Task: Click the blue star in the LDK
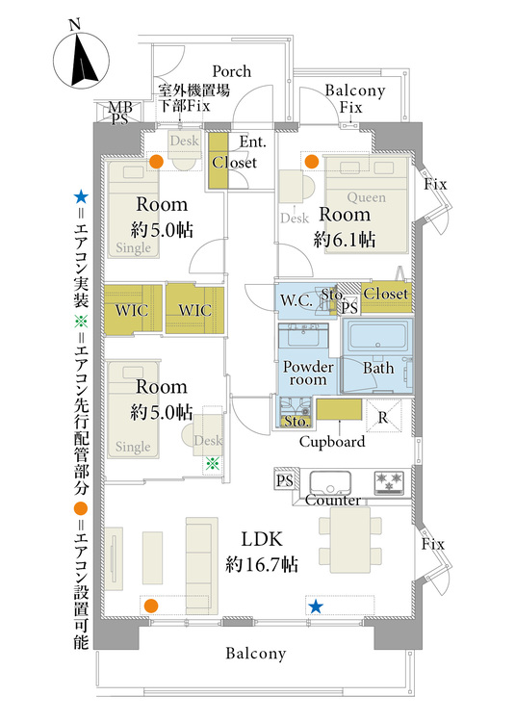pos(316,606)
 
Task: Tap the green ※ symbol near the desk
pos(212,463)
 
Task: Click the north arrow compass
pos(81,61)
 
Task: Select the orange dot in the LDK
pos(151,606)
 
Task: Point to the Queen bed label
pos(367,197)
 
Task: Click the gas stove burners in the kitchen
pos(389,481)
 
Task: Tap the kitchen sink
pos(329,482)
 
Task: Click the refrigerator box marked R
pos(383,416)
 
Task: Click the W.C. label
pos(296,300)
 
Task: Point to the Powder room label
pos(308,373)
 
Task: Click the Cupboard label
pos(332,442)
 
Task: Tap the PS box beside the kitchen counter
pos(284,480)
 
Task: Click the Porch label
pos(231,71)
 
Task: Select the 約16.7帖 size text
pos(262,563)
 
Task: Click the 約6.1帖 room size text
pos(345,239)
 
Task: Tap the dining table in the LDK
pos(350,540)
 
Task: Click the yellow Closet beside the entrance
pos(219,160)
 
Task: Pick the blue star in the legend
pos(81,198)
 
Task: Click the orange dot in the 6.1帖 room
pos(312,162)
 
